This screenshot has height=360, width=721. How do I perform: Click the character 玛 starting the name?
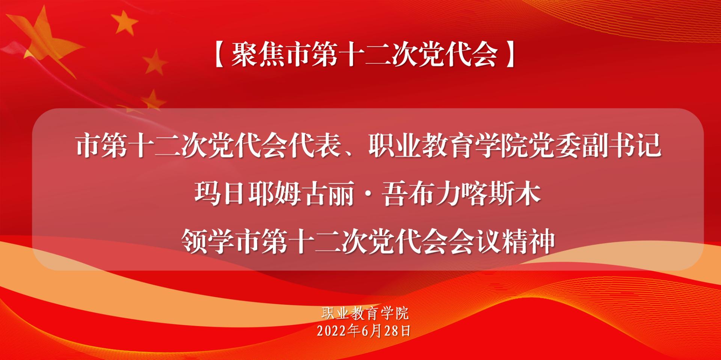[207, 194]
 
